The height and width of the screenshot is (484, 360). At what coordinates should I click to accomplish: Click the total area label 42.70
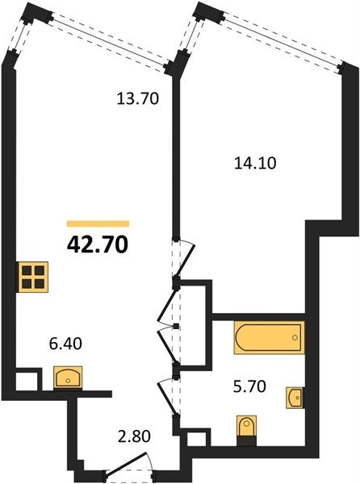click(97, 244)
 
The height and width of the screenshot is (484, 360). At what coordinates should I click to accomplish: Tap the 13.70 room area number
click(138, 98)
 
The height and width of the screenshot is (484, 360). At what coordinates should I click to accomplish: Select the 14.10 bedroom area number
click(255, 163)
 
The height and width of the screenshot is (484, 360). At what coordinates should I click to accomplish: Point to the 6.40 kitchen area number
click(65, 344)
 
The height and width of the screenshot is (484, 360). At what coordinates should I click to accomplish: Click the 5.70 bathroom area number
click(249, 386)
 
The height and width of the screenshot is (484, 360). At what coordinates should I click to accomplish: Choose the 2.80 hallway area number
click(134, 436)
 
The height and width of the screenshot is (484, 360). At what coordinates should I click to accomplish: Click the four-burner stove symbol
click(33, 277)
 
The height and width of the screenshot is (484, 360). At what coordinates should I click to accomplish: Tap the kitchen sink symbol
click(68, 377)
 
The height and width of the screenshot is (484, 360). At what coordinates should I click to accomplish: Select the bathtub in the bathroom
click(269, 337)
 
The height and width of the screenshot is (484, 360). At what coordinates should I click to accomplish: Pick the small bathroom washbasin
click(295, 398)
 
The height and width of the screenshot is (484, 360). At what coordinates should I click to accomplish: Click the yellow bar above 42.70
click(98, 223)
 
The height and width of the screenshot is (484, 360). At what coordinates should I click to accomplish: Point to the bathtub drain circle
click(295, 337)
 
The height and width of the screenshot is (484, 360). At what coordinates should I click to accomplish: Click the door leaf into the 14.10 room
click(185, 260)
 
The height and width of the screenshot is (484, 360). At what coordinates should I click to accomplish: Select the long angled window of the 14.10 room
click(282, 38)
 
